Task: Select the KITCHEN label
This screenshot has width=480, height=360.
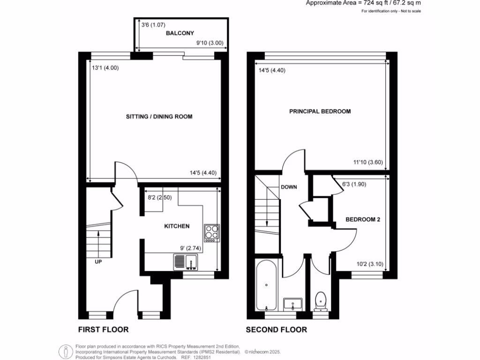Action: click(x=176, y=226)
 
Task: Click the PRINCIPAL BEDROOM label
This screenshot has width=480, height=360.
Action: click(x=320, y=112)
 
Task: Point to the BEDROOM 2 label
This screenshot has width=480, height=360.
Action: click(x=362, y=219)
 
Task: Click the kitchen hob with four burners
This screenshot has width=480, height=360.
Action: click(x=211, y=232)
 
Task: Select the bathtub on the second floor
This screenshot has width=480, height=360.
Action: click(x=267, y=285)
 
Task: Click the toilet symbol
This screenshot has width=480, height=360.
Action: click(x=321, y=300)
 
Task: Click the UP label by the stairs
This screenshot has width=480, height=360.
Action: click(x=98, y=262)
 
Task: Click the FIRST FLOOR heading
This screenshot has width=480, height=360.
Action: click(x=103, y=330)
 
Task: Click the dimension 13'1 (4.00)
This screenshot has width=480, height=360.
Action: click(x=105, y=67)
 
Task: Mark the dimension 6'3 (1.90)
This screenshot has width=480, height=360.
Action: click(x=354, y=184)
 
